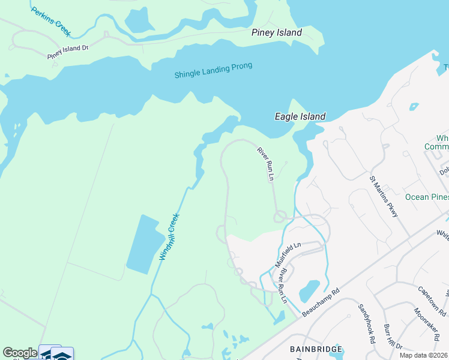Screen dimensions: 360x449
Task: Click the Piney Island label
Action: coord(276,33)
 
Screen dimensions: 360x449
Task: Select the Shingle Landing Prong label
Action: coord(213,70)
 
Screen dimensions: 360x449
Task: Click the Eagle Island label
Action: coord(300,116)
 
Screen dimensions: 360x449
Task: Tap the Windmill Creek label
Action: coord(169,238)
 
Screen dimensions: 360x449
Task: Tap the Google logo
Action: coord(20,353)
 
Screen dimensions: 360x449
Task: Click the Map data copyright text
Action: coord(424,355)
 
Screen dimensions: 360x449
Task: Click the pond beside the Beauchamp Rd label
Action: coord(309,290)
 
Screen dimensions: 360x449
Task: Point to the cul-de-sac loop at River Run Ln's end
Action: coord(280,217)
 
